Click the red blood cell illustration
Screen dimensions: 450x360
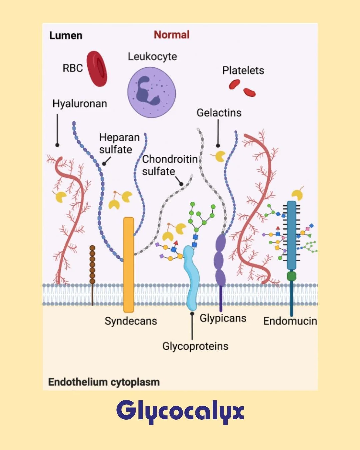97,69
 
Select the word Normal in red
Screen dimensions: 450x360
172,35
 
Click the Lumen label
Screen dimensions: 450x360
66,35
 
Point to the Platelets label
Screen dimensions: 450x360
243,70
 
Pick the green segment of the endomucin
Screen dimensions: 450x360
291,276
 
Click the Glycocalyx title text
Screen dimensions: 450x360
180,411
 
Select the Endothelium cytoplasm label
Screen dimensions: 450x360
104,382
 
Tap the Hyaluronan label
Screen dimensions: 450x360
80,103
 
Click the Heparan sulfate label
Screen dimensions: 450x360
119,143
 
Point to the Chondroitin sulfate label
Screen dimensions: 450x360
169,165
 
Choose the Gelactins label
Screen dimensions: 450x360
219,113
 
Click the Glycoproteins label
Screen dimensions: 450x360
195,346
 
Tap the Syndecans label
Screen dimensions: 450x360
131,321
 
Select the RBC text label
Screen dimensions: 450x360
73,68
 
